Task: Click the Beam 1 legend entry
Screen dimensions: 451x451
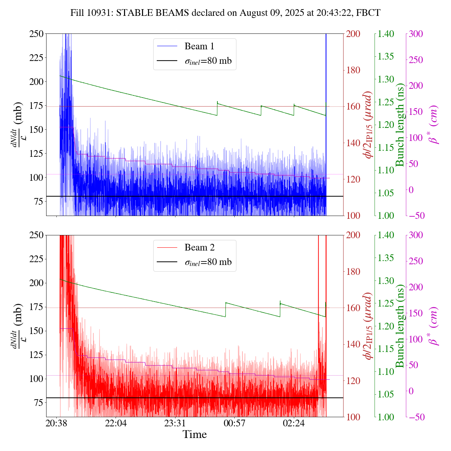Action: click(199, 46)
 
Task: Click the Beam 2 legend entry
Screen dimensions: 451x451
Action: click(199, 248)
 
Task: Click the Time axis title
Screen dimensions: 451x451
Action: click(194, 434)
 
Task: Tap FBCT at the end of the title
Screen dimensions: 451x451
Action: click(368, 13)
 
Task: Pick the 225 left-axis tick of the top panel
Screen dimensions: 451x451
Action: click(37, 57)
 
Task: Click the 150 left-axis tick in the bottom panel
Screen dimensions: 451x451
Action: click(37, 331)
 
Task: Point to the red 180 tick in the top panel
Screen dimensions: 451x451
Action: click(353, 70)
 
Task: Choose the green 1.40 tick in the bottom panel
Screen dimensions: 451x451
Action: click(386, 235)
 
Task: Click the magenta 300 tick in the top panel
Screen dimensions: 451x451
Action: click(416, 34)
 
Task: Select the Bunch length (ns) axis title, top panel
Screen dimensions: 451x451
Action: click(400, 125)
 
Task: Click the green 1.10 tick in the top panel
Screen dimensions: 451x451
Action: click(386, 170)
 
